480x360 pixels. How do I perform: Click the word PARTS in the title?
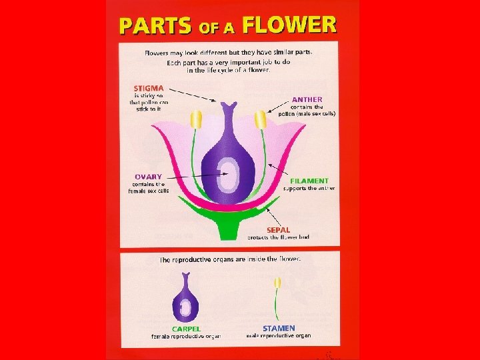tap(155, 26)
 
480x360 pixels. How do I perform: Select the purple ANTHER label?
tap(307, 99)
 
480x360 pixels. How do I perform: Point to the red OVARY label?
tap(147, 177)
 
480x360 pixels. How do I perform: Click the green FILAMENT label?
tap(309, 181)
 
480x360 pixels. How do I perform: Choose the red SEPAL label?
tap(278, 230)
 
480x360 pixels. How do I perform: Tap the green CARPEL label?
tap(186, 328)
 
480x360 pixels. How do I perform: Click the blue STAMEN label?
tap(278, 328)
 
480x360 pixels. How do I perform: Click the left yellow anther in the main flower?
tap(196, 120)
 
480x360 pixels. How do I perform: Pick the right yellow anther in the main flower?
tap(261, 120)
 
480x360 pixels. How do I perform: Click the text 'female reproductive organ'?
tap(186, 336)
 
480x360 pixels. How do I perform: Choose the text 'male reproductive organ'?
tap(278, 335)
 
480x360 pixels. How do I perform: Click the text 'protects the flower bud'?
tap(279, 237)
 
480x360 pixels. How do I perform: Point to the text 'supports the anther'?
tap(309, 188)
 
